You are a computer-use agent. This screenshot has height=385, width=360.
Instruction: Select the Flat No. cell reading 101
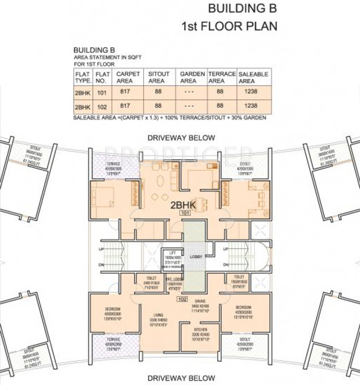[x=103, y=92]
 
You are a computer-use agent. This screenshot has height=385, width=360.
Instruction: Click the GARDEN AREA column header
[x=192, y=77]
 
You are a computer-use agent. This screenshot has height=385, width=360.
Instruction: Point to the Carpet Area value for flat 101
[x=125, y=92]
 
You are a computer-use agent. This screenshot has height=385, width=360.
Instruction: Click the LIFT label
[x=171, y=252]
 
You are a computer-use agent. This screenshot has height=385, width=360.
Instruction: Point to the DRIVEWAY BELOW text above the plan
[x=181, y=138]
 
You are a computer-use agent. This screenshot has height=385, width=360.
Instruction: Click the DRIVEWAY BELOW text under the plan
[x=181, y=377]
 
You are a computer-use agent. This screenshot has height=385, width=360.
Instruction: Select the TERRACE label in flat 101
[x=113, y=163]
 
